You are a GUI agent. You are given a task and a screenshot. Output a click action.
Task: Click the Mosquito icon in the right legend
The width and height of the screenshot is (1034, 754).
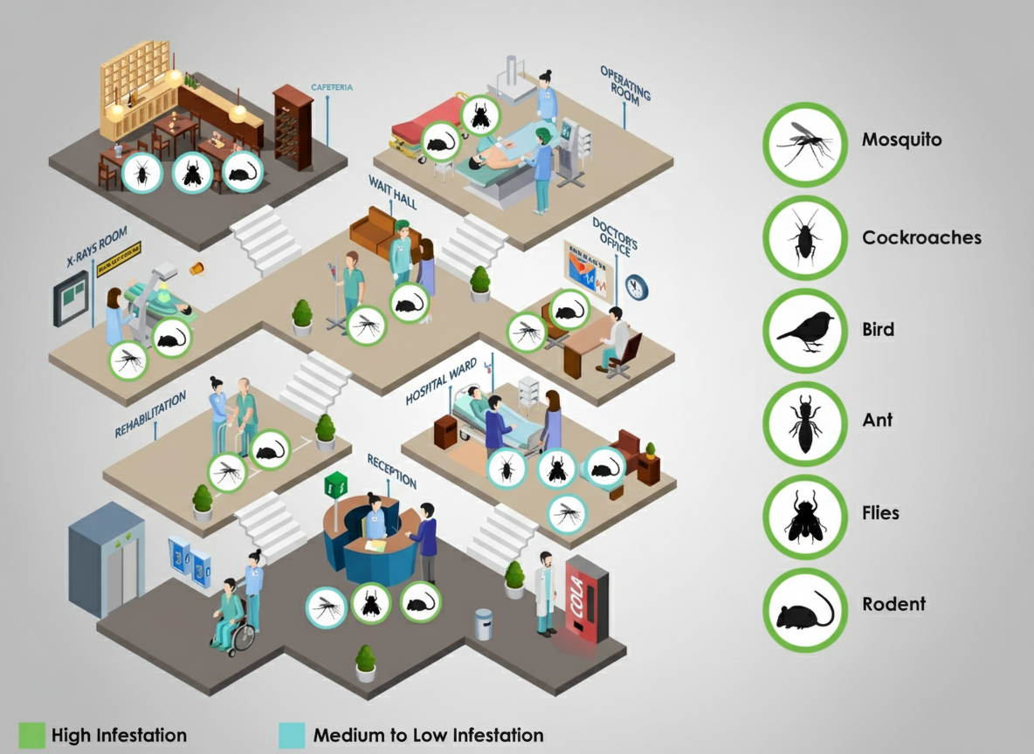(x=805, y=144)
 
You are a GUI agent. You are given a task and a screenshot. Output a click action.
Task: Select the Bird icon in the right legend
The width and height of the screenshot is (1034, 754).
(x=805, y=331)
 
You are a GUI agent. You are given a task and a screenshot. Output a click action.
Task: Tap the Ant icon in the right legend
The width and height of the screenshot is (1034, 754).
(x=805, y=423)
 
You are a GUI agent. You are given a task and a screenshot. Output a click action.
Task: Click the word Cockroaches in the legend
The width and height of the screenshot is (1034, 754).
(x=921, y=237)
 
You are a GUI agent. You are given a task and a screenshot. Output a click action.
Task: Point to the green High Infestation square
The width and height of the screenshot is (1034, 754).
(x=31, y=735)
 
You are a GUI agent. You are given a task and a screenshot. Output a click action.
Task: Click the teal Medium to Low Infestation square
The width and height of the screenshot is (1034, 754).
(x=292, y=735)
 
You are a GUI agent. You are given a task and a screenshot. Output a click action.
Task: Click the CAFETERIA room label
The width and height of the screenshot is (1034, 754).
(x=332, y=88)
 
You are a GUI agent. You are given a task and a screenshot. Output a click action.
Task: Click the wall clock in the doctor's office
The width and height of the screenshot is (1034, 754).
(x=637, y=287)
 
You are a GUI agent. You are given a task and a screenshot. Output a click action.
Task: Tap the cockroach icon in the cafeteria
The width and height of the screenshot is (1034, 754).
(x=141, y=173)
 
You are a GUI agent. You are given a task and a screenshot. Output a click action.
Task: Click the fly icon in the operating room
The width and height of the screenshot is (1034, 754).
(x=479, y=115)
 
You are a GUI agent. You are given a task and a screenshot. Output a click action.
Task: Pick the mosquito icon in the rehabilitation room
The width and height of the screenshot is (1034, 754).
(x=228, y=472)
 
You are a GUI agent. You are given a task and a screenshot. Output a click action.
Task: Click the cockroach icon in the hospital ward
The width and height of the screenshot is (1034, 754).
(x=506, y=470)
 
